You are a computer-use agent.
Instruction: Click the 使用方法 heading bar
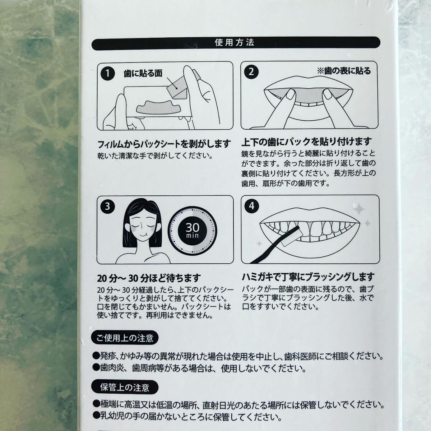pyautogui.click(x=235, y=43)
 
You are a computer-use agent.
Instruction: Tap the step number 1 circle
pyautogui.click(x=106, y=74)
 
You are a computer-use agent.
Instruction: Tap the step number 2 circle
pyautogui.click(x=251, y=71)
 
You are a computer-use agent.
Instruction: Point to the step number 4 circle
pyautogui.click(x=251, y=206)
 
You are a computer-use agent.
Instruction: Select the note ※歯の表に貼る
pyautogui.click(x=343, y=71)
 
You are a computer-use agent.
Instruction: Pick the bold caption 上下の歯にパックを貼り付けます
pyautogui.click(x=307, y=142)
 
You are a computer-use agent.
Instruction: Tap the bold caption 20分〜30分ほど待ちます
pyautogui.click(x=148, y=278)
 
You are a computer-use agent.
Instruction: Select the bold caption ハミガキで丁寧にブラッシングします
pyautogui.click(x=308, y=277)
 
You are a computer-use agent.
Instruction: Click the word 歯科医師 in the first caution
pyautogui.click(x=303, y=356)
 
